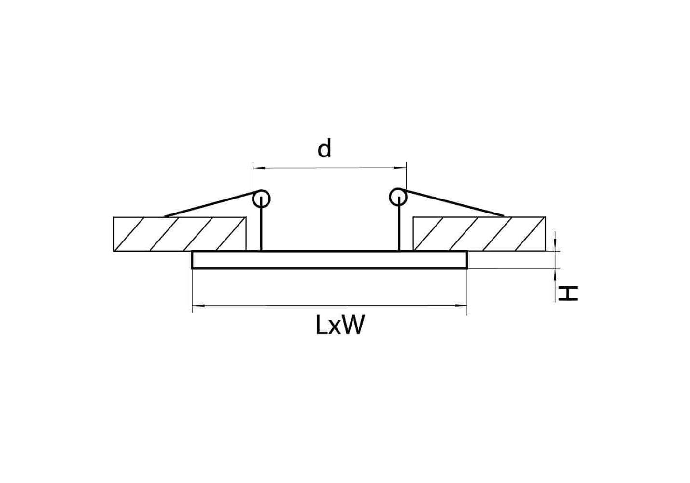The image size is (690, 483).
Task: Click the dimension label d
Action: click(324, 148)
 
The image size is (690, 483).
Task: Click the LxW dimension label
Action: click(340, 325)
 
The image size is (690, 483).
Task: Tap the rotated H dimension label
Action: click(568, 293)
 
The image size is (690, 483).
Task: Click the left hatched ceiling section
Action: click(180, 234)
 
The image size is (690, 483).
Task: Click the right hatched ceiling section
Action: click(479, 234)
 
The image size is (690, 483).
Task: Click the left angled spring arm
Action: click(210, 204)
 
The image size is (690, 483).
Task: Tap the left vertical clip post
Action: click(261, 224)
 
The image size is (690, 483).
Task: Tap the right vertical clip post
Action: click(399, 224)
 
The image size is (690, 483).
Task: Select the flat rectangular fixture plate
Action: click(330, 260)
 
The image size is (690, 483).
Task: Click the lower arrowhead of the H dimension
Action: click(555, 274)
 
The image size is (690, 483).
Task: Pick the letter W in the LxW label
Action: click(353, 325)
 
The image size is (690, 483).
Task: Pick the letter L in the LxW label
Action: click(322, 325)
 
